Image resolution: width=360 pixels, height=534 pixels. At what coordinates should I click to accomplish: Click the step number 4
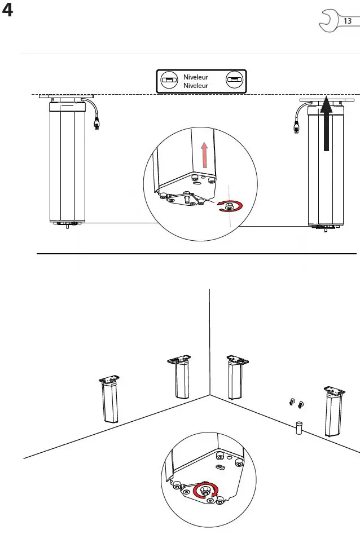pos(8,11)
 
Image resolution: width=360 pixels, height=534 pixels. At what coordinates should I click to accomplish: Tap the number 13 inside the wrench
pos(347,21)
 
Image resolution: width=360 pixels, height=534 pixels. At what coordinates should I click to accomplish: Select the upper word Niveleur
pos(196,77)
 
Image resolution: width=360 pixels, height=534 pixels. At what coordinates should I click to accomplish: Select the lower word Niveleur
pos(196,86)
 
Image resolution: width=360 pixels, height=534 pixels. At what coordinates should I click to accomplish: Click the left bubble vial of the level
pos(167,81)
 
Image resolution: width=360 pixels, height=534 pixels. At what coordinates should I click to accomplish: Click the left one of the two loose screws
pos(292,402)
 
